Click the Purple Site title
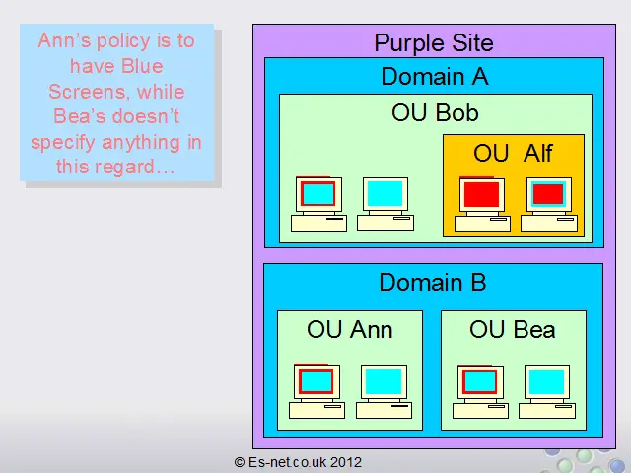434,42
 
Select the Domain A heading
435,76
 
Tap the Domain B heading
433,282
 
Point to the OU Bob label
435,112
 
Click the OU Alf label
513,153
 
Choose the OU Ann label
349,330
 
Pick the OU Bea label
513,330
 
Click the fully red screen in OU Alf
482,194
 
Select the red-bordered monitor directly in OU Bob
318,193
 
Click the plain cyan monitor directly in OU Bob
386,193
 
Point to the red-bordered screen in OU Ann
315,381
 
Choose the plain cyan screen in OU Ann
384,381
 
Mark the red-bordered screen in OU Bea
480,381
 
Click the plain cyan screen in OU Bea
546,381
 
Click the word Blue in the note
142,66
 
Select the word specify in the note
64,143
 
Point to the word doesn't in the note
146,116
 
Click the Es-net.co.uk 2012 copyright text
298,462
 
